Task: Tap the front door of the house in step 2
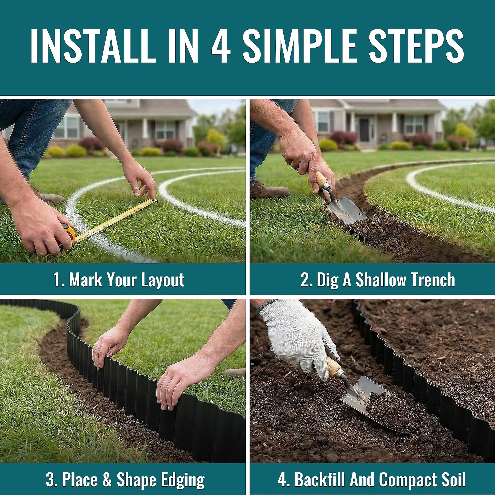[364, 130]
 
